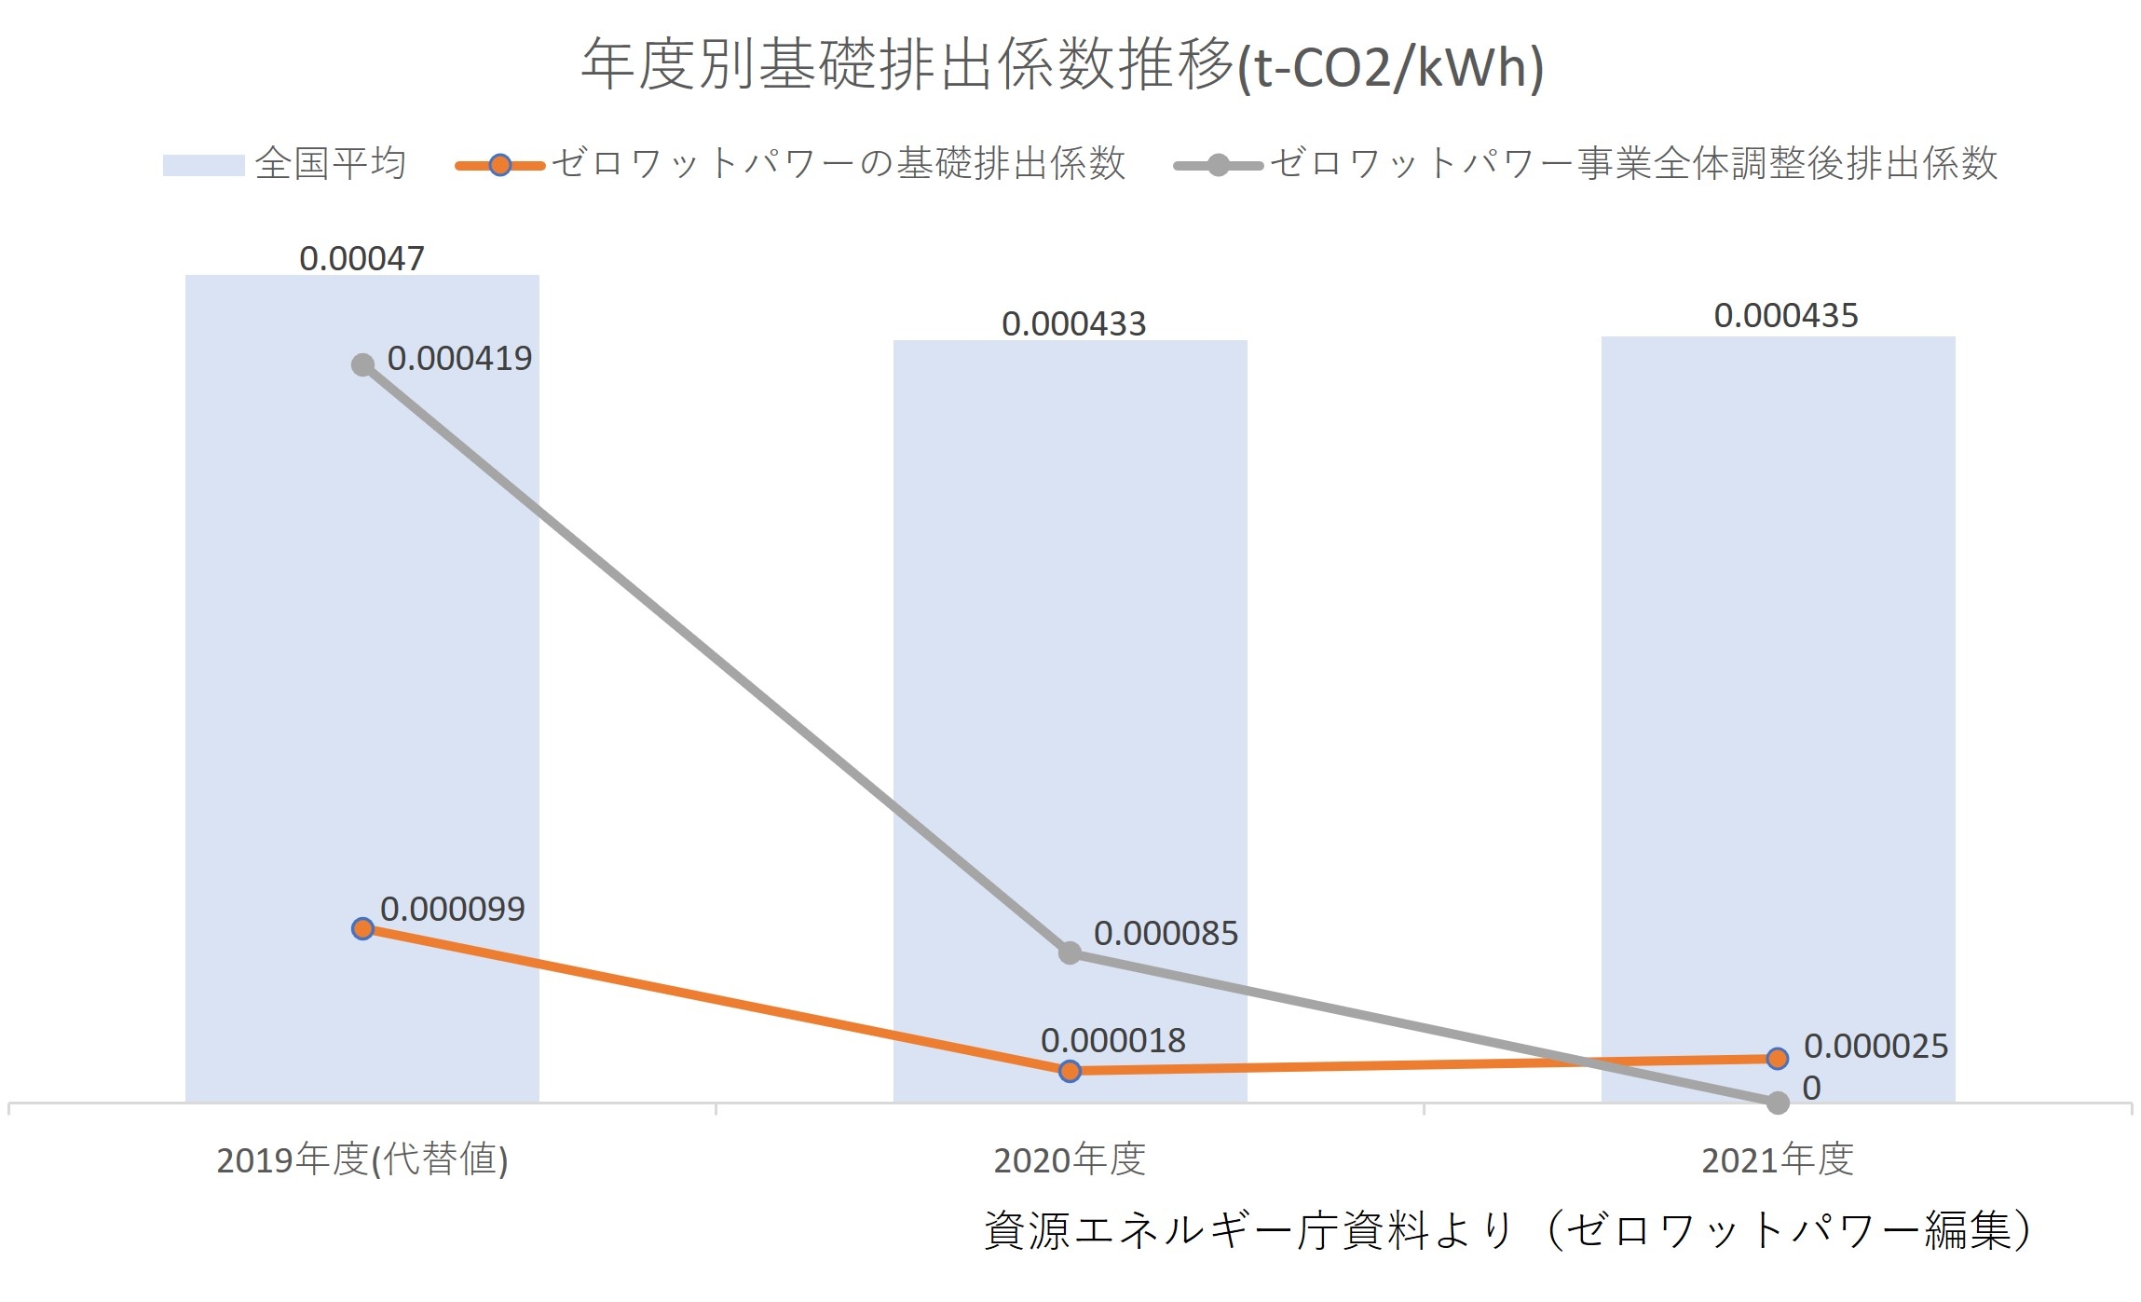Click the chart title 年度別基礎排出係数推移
pos(1062,65)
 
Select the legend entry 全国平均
pos(330,164)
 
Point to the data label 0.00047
pos(361,258)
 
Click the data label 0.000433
pos(1073,323)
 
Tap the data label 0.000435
pos(1785,315)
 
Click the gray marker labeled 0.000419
pos(362,365)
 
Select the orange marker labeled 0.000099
pos(362,928)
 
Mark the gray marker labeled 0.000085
pos(1070,953)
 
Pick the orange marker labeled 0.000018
pos(1070,1071)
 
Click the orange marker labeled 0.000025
pos(1777,1059)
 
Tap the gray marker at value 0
pos(1778,1103)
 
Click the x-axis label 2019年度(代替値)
pos(361,1160)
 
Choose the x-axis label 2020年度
pos(1070,1160)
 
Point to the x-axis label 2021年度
pos(1777,1160)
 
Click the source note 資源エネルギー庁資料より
pos(1248,1230)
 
